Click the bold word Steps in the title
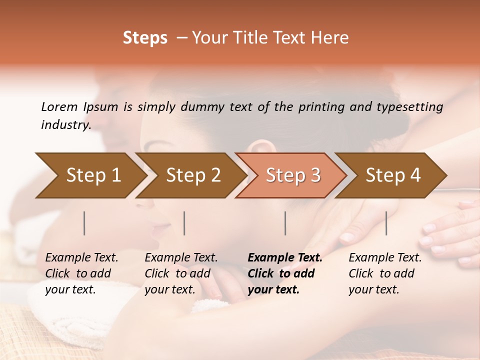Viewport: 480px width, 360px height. (145, 38)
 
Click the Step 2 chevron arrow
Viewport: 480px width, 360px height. (192, 175)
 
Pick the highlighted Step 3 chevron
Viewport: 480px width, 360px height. (292, 175)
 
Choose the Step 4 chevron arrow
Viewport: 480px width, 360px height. (393, 175)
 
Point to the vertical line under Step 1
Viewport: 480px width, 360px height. (84, 223)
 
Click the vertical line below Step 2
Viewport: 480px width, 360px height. (184, 223)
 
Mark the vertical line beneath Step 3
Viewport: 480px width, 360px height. (285, 223)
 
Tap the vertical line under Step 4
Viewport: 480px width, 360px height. (386, 223)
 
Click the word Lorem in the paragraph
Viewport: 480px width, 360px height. (59, 107)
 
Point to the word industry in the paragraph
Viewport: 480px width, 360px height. (65, 125)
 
